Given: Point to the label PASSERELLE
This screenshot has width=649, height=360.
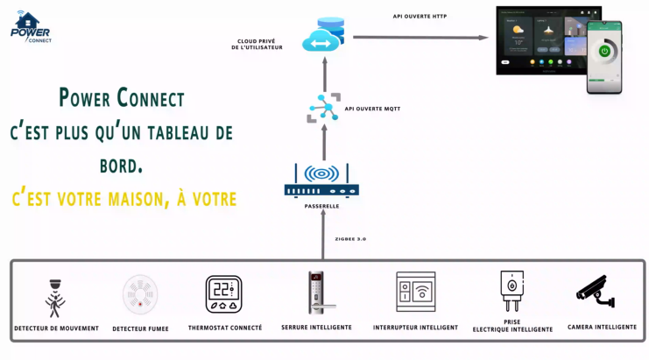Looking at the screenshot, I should point(321,207).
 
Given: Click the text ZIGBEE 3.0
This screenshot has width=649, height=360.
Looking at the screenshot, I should point(350,238).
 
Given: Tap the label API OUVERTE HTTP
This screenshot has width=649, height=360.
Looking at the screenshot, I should point(420,16).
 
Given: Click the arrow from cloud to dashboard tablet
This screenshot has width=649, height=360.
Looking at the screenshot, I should point(420,38).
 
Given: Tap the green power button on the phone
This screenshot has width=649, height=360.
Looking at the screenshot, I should point(604,51).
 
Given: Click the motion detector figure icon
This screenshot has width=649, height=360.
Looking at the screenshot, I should point(55,298).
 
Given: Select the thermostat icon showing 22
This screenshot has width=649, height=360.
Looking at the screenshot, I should point(224,294).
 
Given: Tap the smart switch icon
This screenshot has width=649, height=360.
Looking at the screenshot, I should point(415,292).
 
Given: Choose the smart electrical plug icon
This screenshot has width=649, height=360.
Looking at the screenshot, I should point(512,291).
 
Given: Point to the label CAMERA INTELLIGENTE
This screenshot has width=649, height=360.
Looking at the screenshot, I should point(603,327).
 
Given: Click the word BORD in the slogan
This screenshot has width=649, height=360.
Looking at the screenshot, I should point(122,165).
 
